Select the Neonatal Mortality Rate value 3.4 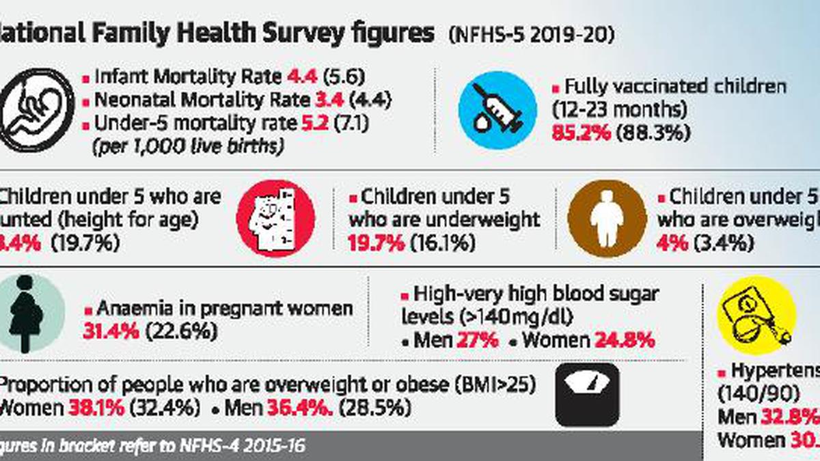331,100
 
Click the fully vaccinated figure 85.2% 580,132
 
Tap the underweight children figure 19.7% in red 376,242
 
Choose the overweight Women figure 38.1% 96,408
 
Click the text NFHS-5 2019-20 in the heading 530,36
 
